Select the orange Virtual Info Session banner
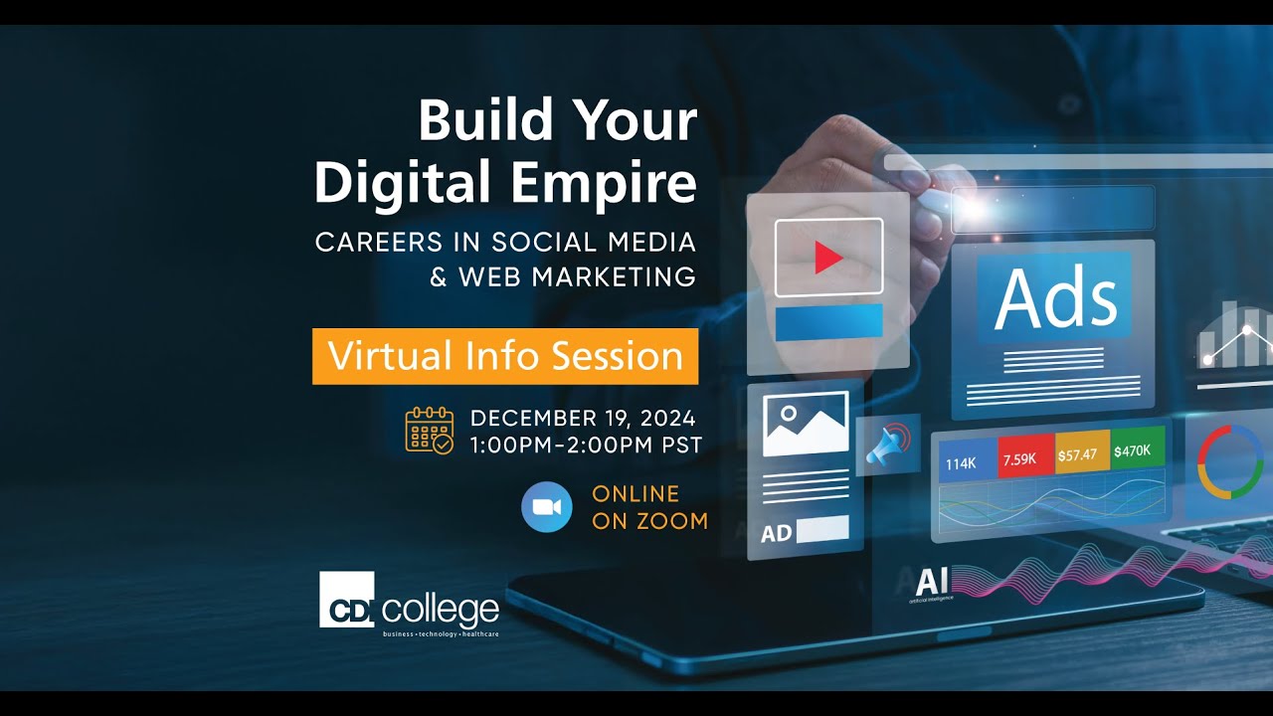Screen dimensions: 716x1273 click(x=505, y=356)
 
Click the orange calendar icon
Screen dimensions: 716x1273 click(x=429, y=431)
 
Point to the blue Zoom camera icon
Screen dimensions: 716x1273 click(x=547, y=507)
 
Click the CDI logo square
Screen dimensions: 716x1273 click(x=346, y=599)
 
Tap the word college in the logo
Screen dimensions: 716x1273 click(x=441, y=608)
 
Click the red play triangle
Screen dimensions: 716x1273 click(x=827, y=259)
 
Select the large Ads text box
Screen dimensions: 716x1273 click(x=1054, y=297)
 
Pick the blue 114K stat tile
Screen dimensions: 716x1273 click(x=962, y=462)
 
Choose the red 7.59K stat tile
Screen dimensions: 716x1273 click(x=1020, y=458)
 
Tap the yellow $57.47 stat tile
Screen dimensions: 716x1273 click(x=1078, y=454)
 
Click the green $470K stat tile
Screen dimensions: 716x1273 click(x=1133, y=450)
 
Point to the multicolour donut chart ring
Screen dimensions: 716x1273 click(x=1230, y=461)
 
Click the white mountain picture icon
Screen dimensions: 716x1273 click(x=806, y=424)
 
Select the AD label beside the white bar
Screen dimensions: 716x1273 click(x=776, y=533)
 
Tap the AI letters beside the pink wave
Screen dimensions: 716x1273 click(x=932, y=581)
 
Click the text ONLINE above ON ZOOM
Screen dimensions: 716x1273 click(x=636, y=493)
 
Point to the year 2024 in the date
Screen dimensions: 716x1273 click(x=661, y=418)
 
